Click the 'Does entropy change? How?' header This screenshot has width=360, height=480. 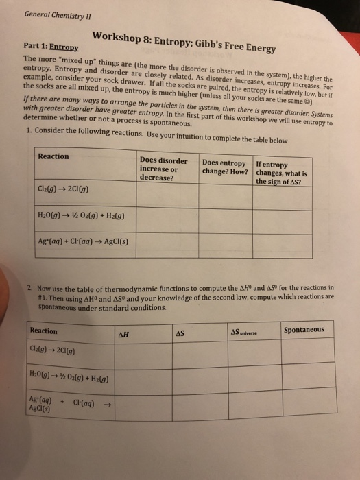(x=224, y=166)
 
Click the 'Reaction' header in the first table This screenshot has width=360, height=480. (x=54, y=157)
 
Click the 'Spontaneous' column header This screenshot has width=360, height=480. (x=303, y=330)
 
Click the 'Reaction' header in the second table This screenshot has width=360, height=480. (x=45, y=331)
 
